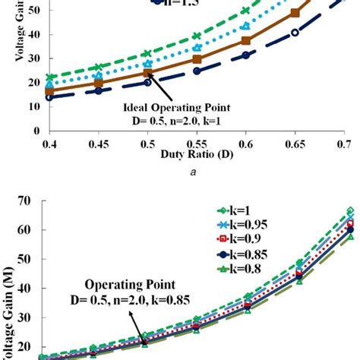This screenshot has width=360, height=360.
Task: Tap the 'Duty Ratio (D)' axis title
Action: pyautogui.click(x=196, y=154)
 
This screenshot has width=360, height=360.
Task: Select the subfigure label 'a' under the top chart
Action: pyautogui.click(x=196, y=172)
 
